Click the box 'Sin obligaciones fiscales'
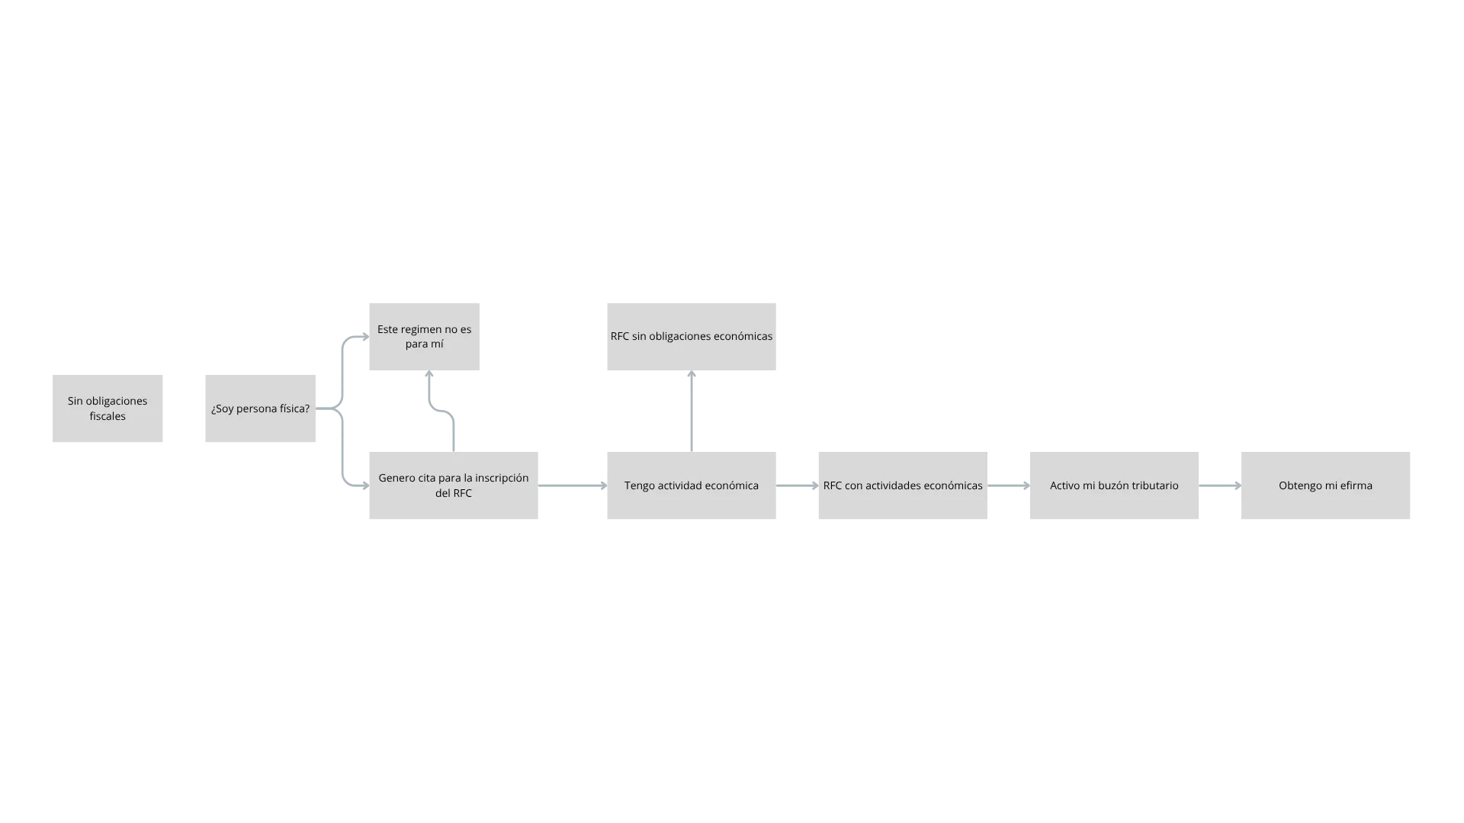(x=107, y=408)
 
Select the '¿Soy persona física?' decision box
(x=259, y=408)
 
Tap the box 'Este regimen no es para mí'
(x=424, y=335)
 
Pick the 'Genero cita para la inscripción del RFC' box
(x=454, y=488)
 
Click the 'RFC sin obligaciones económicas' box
(x=692, y=335)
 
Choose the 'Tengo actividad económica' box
(x=692, y=488)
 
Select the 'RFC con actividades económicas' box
(x=903, y=488)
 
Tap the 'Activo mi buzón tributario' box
(x=1113, y=488)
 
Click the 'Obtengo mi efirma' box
(x=1327, y=488)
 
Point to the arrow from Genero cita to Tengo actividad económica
(x=572, y=485)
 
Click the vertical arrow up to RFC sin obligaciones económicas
(x=692, y=411)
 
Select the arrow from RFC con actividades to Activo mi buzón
(x=1006, y=485)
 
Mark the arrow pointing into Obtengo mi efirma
(x=1220, y=485)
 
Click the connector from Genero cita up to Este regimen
(x=432, y=396)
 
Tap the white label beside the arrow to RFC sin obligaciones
(x=674, y=405)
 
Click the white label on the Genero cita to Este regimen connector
(x=470, y=430)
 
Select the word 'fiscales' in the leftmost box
(x=108, y=416)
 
